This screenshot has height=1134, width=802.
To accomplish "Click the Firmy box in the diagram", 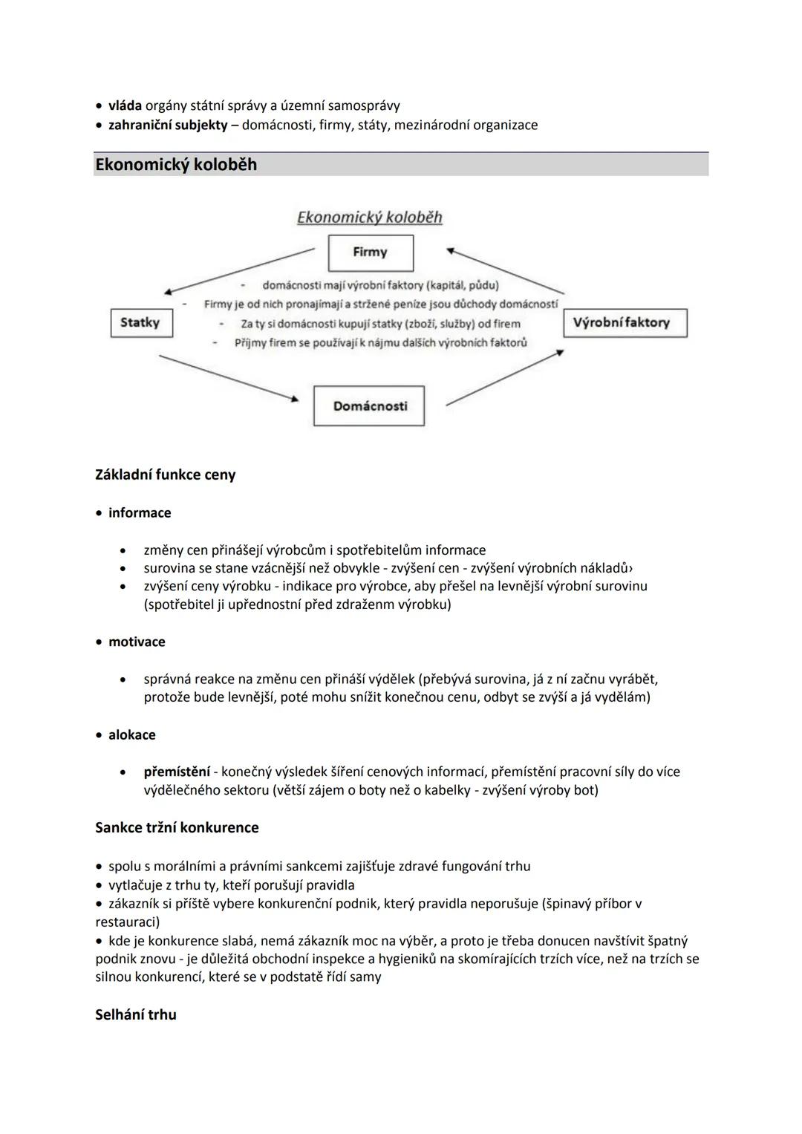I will [x=371, y=252].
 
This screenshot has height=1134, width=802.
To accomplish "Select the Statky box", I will [x=141, y=323].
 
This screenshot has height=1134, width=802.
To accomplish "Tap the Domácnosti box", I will [x=369, y=405].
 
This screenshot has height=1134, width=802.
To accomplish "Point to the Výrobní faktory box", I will [x=625, y=323].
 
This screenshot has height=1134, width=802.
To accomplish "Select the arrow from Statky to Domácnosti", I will [x=228, y=379].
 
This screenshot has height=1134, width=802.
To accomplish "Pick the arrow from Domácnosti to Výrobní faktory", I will [x=504, y=379].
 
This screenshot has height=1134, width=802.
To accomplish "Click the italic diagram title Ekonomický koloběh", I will [x=369, y=217].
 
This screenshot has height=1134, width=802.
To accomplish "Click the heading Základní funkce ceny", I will [x=165, y=475].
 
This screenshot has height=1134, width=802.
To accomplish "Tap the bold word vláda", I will [x=125, y=105].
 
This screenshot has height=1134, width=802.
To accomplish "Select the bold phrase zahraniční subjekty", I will [x=168, y=125].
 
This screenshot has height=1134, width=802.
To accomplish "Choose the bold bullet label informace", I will [x=140, y=513].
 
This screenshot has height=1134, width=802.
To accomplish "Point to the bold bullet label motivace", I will [x=137, y=642].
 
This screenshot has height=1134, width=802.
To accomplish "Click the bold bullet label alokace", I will [x=132, y=734].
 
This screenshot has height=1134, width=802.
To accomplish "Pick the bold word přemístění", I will [x=177, y=772].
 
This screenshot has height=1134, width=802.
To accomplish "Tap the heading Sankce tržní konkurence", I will [x=177, y=827].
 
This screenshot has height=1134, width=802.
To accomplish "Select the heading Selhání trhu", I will [x=136, y=1014].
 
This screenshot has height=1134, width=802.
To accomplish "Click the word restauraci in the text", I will [x=127, y=922].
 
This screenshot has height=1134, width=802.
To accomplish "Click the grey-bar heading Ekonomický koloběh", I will [x=176, y=164].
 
